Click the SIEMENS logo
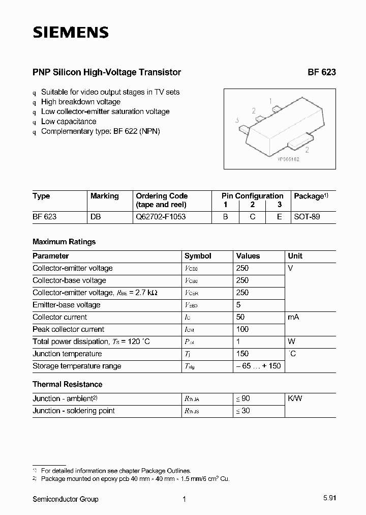[71, 33]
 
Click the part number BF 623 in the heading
[321, 72]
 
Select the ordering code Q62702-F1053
[161, 217]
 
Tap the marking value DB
[96, 217]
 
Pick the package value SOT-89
[307, 217]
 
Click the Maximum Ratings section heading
[64, 242]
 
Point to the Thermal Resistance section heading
[67, 384]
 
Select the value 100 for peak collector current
[242, 329]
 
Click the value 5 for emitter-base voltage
[238, 305]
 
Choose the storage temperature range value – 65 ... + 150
[258, 366]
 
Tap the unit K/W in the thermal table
[295, 398]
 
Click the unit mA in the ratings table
[293, 317]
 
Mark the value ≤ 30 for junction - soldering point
[242, 411]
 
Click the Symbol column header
[198, 256]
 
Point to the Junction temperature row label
[67, 354]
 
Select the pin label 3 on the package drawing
[237, 121]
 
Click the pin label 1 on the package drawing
[270, 101]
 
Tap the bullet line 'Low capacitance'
[68, 122]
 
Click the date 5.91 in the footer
[328, 499]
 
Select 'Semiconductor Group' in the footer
[66, 499]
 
